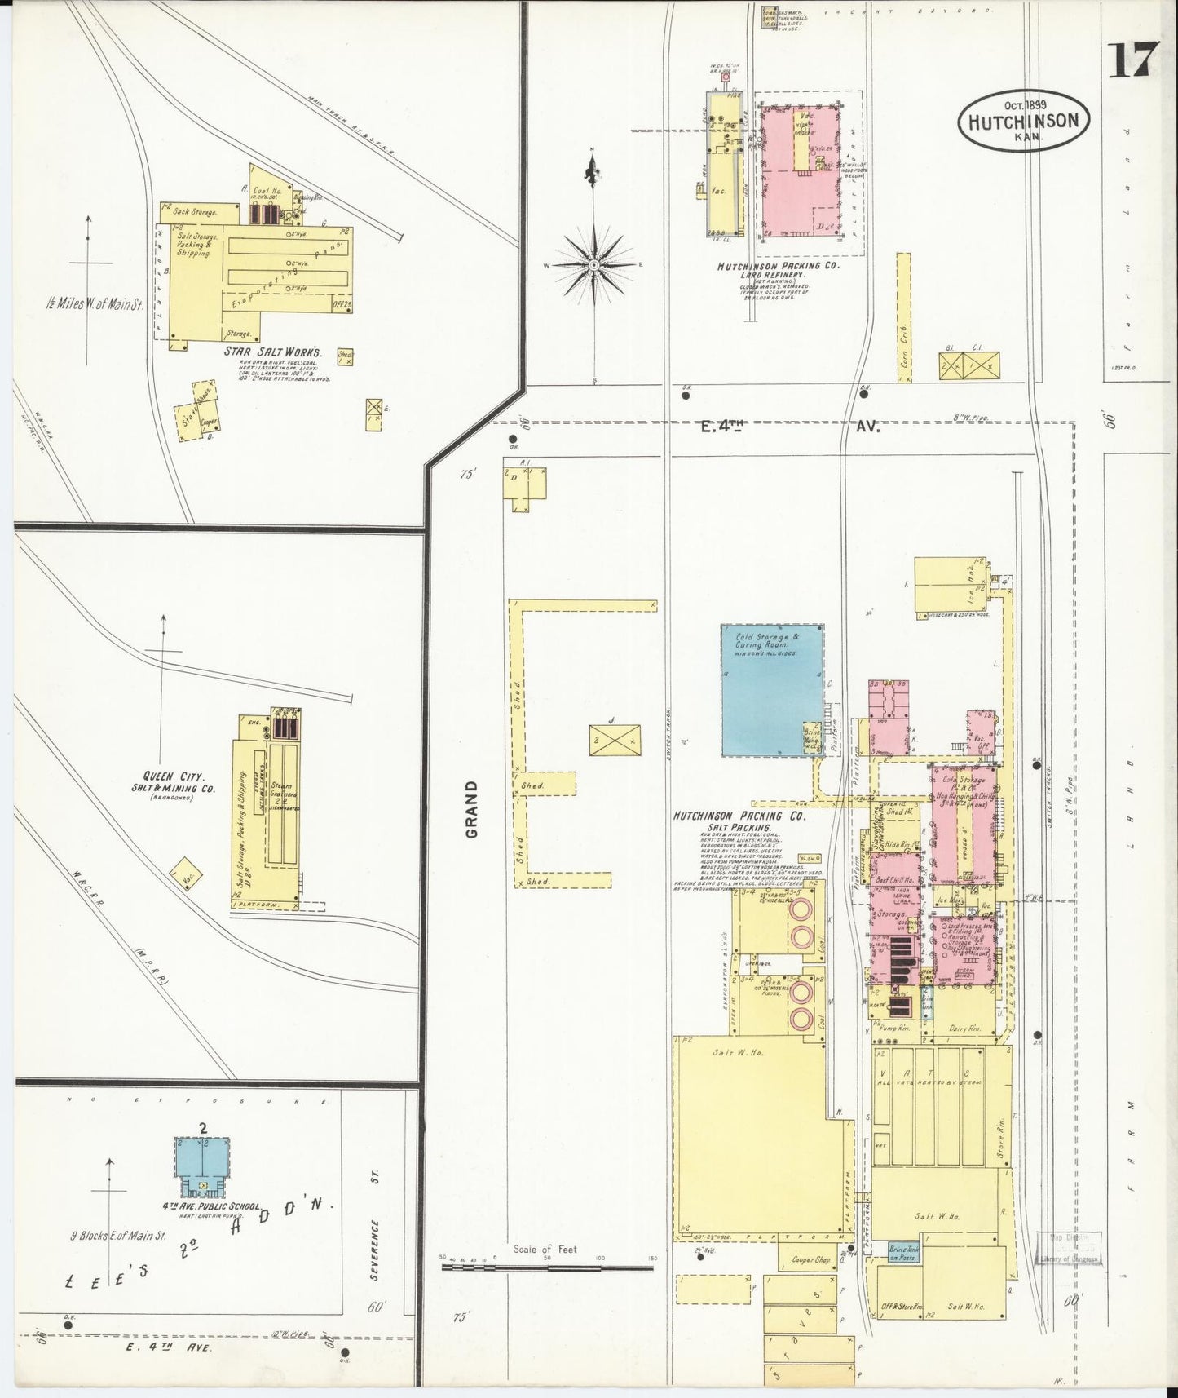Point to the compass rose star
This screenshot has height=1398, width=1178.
(x=594, y=266)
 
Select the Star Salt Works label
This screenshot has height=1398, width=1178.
(x=274, y=353)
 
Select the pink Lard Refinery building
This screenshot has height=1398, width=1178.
(x=799, y=174)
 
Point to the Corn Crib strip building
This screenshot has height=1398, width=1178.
(x=903, y=318)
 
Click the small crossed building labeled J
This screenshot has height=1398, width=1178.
(x=615, y=740)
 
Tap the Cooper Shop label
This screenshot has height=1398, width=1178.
(x=811, y=1283)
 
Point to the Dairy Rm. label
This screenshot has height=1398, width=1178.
(x=964, y=1030)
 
